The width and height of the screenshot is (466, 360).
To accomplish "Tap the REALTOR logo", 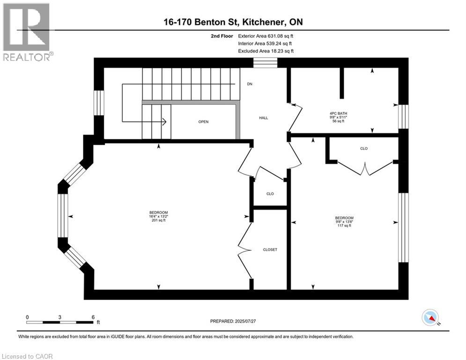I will pos(27,32).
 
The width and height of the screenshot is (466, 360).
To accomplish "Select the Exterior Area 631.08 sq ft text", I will pos(266,36).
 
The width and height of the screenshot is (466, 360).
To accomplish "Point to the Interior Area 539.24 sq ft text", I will pos(266,43).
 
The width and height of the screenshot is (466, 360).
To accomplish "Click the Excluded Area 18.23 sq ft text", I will pos(266,51).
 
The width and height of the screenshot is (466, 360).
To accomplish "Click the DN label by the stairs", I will pos(250,84).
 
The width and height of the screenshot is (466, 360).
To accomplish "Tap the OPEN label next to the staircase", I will pos(203,121).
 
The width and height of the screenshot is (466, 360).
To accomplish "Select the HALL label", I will pos(263,118).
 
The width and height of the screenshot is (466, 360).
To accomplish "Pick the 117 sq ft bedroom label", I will pos(344,222).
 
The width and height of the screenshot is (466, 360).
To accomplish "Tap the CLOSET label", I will pos(270,249).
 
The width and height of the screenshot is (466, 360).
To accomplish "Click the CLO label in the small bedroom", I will pos(363,148).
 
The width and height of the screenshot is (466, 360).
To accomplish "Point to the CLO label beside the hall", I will pos(270,194).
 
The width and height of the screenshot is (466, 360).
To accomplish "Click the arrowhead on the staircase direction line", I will pos(164,122).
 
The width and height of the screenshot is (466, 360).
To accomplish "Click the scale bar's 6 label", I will pos(93,317).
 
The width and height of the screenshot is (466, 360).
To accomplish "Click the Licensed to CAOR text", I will pos(27,356).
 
